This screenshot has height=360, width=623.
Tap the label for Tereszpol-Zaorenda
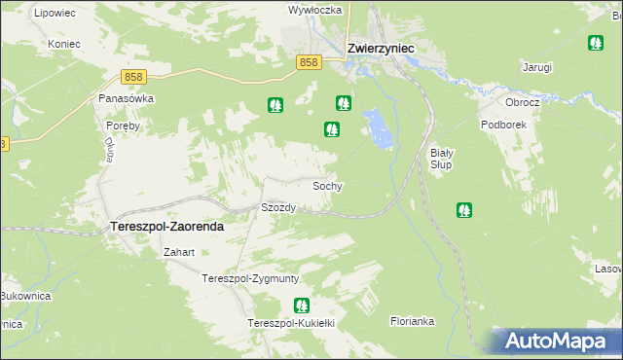(164, 226)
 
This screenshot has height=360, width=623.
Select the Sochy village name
(326, 185)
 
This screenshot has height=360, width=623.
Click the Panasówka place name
(127, 98)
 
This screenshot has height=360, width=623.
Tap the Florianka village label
(412, 319)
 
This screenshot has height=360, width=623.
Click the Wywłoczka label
(314, 10)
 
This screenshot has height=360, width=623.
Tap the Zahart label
(179, 252)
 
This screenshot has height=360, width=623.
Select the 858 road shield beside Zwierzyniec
(309, 62)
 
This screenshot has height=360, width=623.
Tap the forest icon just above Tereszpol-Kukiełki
(302, 306)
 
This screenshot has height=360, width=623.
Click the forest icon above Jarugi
(596, 43)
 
